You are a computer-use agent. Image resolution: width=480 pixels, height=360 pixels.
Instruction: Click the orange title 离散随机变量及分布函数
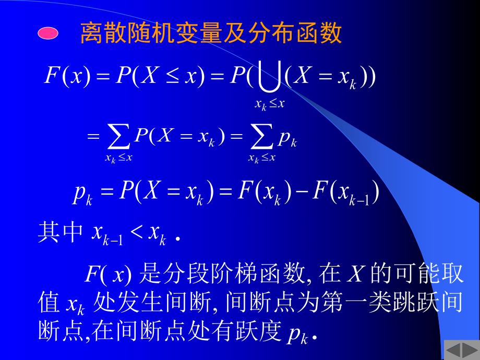(x=210, y=34)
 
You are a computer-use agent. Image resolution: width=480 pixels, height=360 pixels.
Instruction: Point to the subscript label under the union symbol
(x=269, y=104)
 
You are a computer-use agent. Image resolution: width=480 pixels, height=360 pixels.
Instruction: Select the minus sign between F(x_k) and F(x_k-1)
(x=298, y=193)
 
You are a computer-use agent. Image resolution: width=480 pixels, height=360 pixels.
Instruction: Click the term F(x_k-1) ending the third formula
(x=342, y=194)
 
